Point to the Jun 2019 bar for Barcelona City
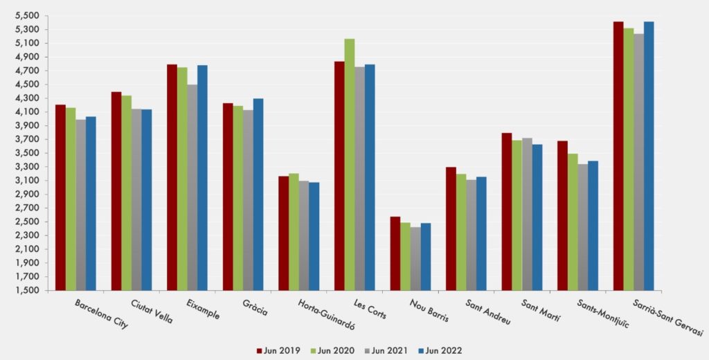tap(60, 197)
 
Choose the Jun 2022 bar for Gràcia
tap(258, 194)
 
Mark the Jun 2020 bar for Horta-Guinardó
tap(294, 231)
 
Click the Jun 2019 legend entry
tap(280, 350)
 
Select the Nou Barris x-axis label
tap(429, 311)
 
